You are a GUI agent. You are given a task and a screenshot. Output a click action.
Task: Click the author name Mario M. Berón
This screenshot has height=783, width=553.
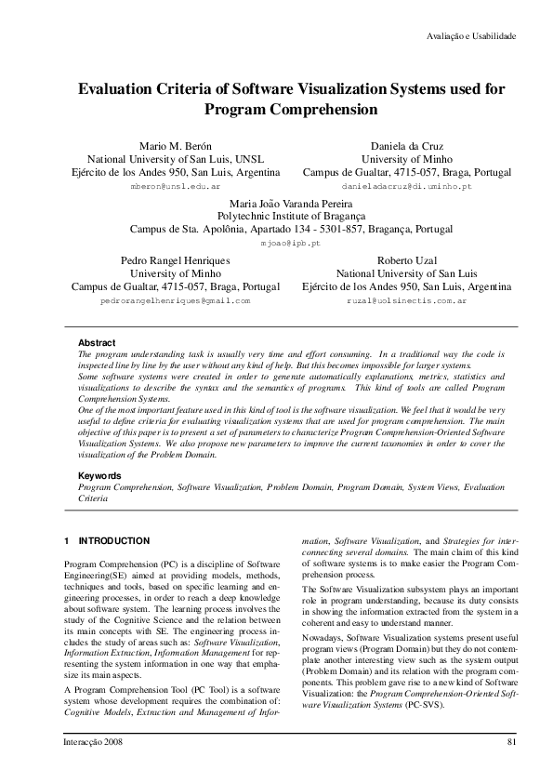pos(176,146)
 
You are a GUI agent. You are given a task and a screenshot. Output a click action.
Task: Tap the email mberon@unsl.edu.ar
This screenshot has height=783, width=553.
pos(176,187)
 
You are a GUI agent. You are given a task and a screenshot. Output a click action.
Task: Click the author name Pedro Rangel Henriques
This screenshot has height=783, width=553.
pos(176,260)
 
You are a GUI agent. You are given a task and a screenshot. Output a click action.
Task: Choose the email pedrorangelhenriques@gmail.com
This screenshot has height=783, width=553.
pos(176,301)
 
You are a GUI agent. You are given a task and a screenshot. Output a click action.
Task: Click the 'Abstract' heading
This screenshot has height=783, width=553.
pos(97,343)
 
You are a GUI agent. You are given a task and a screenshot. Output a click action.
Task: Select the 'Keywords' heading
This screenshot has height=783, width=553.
pos(99,476)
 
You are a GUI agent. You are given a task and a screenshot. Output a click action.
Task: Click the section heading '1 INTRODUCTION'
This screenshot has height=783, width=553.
pos(106,540)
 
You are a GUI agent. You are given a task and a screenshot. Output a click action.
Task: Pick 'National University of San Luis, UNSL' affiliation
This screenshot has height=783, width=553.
pos(176,159)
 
